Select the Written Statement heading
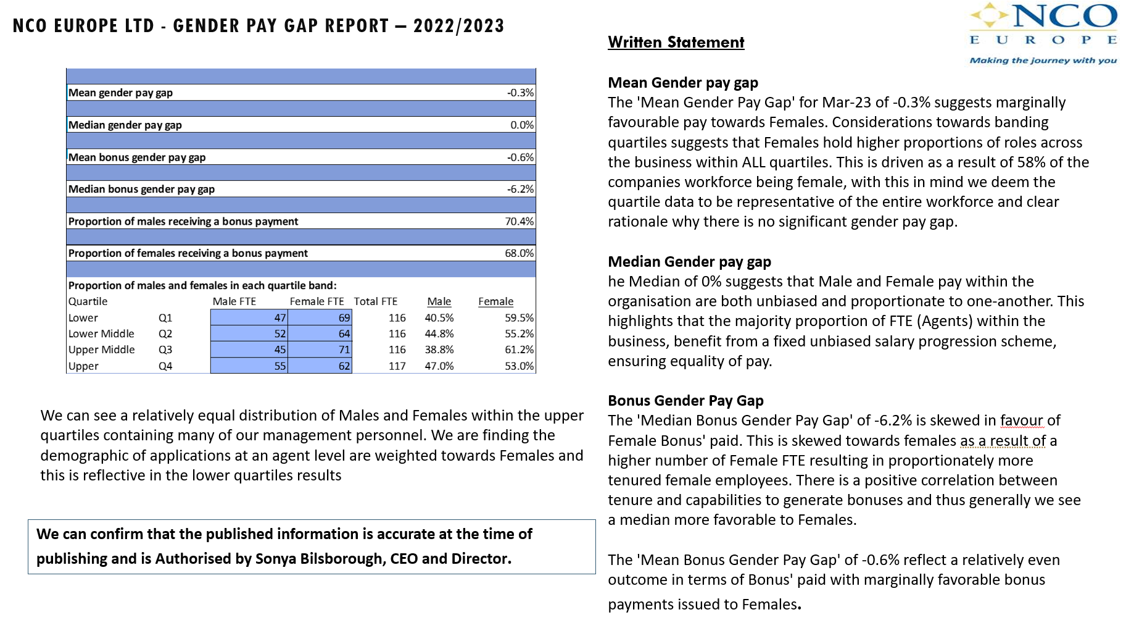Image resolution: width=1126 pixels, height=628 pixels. point(676,43)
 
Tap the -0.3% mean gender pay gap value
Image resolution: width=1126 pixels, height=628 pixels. point(520,93)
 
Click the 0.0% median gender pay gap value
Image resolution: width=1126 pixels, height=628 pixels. point(521,125)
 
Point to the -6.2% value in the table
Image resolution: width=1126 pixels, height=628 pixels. point(520,189)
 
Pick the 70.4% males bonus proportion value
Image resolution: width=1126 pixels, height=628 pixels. point(519,221)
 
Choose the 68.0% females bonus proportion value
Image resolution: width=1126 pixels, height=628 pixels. point(519,253)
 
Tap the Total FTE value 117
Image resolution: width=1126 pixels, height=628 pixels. point(397,366)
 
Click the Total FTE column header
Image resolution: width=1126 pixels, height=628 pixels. point(375,301)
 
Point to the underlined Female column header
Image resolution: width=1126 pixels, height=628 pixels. point(495,301)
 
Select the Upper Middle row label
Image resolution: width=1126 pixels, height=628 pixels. point(101,350)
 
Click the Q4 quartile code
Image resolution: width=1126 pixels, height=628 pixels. point(165,366)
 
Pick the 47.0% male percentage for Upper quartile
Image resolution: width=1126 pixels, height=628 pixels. point(439,366)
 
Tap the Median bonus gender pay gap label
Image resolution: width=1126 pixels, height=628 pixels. point(141,189)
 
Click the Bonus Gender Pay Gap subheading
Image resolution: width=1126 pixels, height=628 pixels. point(685,401)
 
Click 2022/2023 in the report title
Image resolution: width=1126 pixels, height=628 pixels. point(458,26)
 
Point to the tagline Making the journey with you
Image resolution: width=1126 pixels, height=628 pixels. point(1043,61)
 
